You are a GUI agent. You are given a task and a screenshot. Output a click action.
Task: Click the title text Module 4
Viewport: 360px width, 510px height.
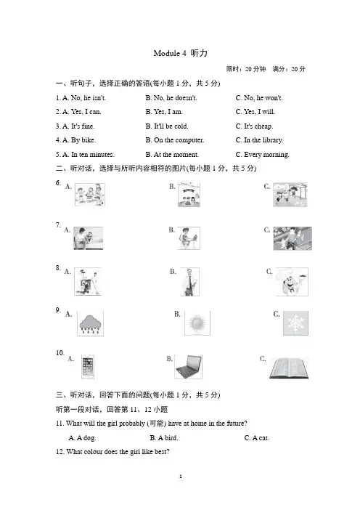[170, 53]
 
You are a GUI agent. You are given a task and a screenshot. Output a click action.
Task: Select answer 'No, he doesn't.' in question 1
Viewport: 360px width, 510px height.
[176, 98]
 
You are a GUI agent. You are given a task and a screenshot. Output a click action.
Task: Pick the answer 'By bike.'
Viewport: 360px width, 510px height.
[83, 140]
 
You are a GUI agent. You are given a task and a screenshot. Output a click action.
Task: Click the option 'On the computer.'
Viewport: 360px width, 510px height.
[179, 140]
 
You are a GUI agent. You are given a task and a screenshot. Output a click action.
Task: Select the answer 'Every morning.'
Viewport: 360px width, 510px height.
[266, 155]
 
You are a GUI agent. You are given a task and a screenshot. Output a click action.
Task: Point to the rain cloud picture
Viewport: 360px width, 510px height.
[90, 323]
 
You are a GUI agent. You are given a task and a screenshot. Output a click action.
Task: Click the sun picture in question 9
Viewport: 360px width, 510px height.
[197, 323]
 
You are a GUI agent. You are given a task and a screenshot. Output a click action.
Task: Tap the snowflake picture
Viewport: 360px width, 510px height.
[295, 323]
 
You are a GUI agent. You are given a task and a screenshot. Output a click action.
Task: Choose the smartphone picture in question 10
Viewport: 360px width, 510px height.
[88, 367]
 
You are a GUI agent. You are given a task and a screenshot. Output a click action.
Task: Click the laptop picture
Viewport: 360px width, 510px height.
[188, 367]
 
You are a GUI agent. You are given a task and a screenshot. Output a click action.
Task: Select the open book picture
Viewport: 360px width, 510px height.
[289, 368]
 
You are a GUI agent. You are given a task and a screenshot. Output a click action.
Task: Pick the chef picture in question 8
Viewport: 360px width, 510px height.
[292, 282]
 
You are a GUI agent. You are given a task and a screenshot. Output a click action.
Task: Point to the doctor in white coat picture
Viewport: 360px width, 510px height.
[189, 282]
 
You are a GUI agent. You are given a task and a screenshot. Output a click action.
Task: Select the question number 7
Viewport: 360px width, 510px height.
[58, 225]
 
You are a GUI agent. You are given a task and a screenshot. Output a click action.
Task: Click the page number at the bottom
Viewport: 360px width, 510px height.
[181, 477]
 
